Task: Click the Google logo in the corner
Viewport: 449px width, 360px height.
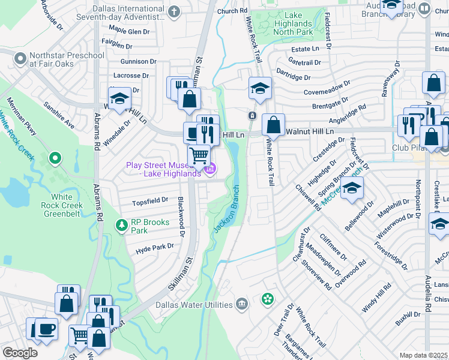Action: pos(19,353)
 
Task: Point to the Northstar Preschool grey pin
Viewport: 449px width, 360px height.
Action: pos(20,59)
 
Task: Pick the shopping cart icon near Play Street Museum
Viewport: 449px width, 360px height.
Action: pos(199,156)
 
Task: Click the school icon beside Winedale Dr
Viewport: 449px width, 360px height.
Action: pos(119,98)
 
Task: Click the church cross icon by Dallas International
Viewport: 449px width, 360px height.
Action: pos(174,11)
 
